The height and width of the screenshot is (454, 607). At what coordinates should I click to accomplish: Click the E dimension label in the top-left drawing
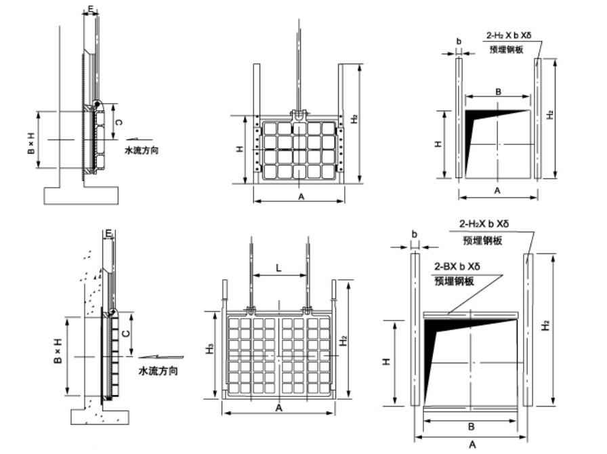point(91,9)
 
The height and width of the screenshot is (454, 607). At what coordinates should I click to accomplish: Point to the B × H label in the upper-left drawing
point(32,141)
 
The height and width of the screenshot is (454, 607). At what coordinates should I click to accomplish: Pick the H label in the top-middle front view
point(239,148)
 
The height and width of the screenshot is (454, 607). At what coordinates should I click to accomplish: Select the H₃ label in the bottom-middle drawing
point(211,350)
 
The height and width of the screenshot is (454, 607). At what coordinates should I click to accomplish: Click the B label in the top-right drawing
point(498,90)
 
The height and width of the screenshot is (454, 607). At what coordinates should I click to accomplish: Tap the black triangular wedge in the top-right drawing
point(478,122)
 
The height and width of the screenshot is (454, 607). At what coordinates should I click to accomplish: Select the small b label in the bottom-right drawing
point(414,234)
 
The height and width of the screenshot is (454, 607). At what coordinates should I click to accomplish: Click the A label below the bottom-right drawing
point(472,445)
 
